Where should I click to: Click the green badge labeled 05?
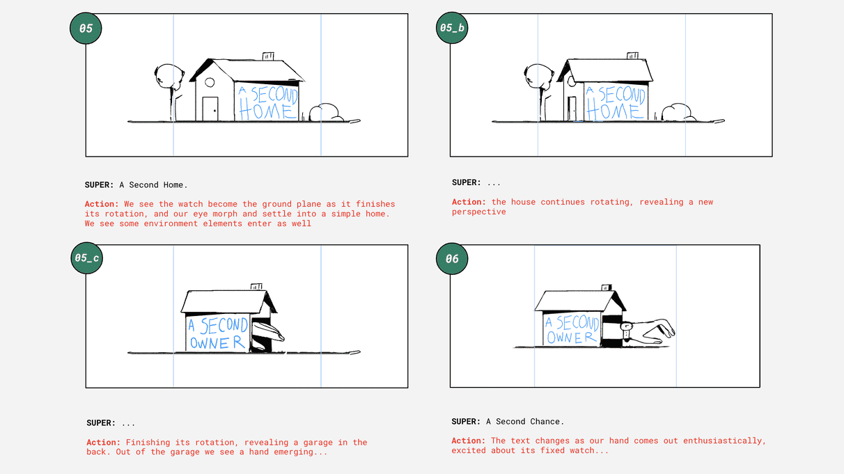86,29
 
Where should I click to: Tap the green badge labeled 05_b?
452,27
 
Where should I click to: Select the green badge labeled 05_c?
86,258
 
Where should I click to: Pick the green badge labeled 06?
452,259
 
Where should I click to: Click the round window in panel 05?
210,82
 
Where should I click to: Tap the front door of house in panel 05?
210,109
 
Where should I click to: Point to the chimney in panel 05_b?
632,56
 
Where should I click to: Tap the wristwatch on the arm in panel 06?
626,331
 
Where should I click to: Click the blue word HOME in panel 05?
266,111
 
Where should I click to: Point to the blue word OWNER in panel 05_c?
217,342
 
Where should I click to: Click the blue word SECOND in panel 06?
577,323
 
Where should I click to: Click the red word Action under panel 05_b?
469,202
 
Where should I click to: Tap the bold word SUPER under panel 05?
99,185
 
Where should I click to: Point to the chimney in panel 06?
607,287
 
